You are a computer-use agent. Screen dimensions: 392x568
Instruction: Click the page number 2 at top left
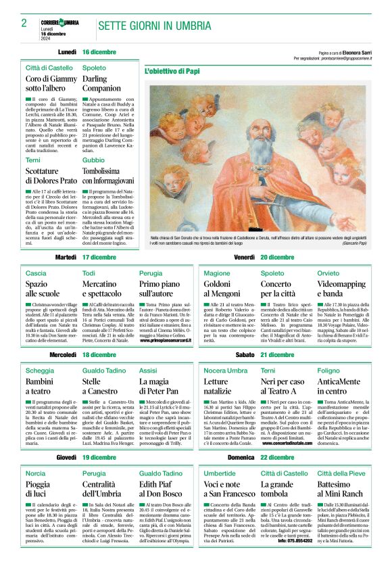pos(24,24)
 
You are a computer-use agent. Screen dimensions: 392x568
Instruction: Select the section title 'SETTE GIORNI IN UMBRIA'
pos(146,26)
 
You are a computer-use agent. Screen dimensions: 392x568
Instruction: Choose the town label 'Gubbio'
pos(94,160)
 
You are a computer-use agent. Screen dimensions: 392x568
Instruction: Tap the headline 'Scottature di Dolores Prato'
pos(51,176)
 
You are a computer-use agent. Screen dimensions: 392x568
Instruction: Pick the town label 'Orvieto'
pos(328,273)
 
